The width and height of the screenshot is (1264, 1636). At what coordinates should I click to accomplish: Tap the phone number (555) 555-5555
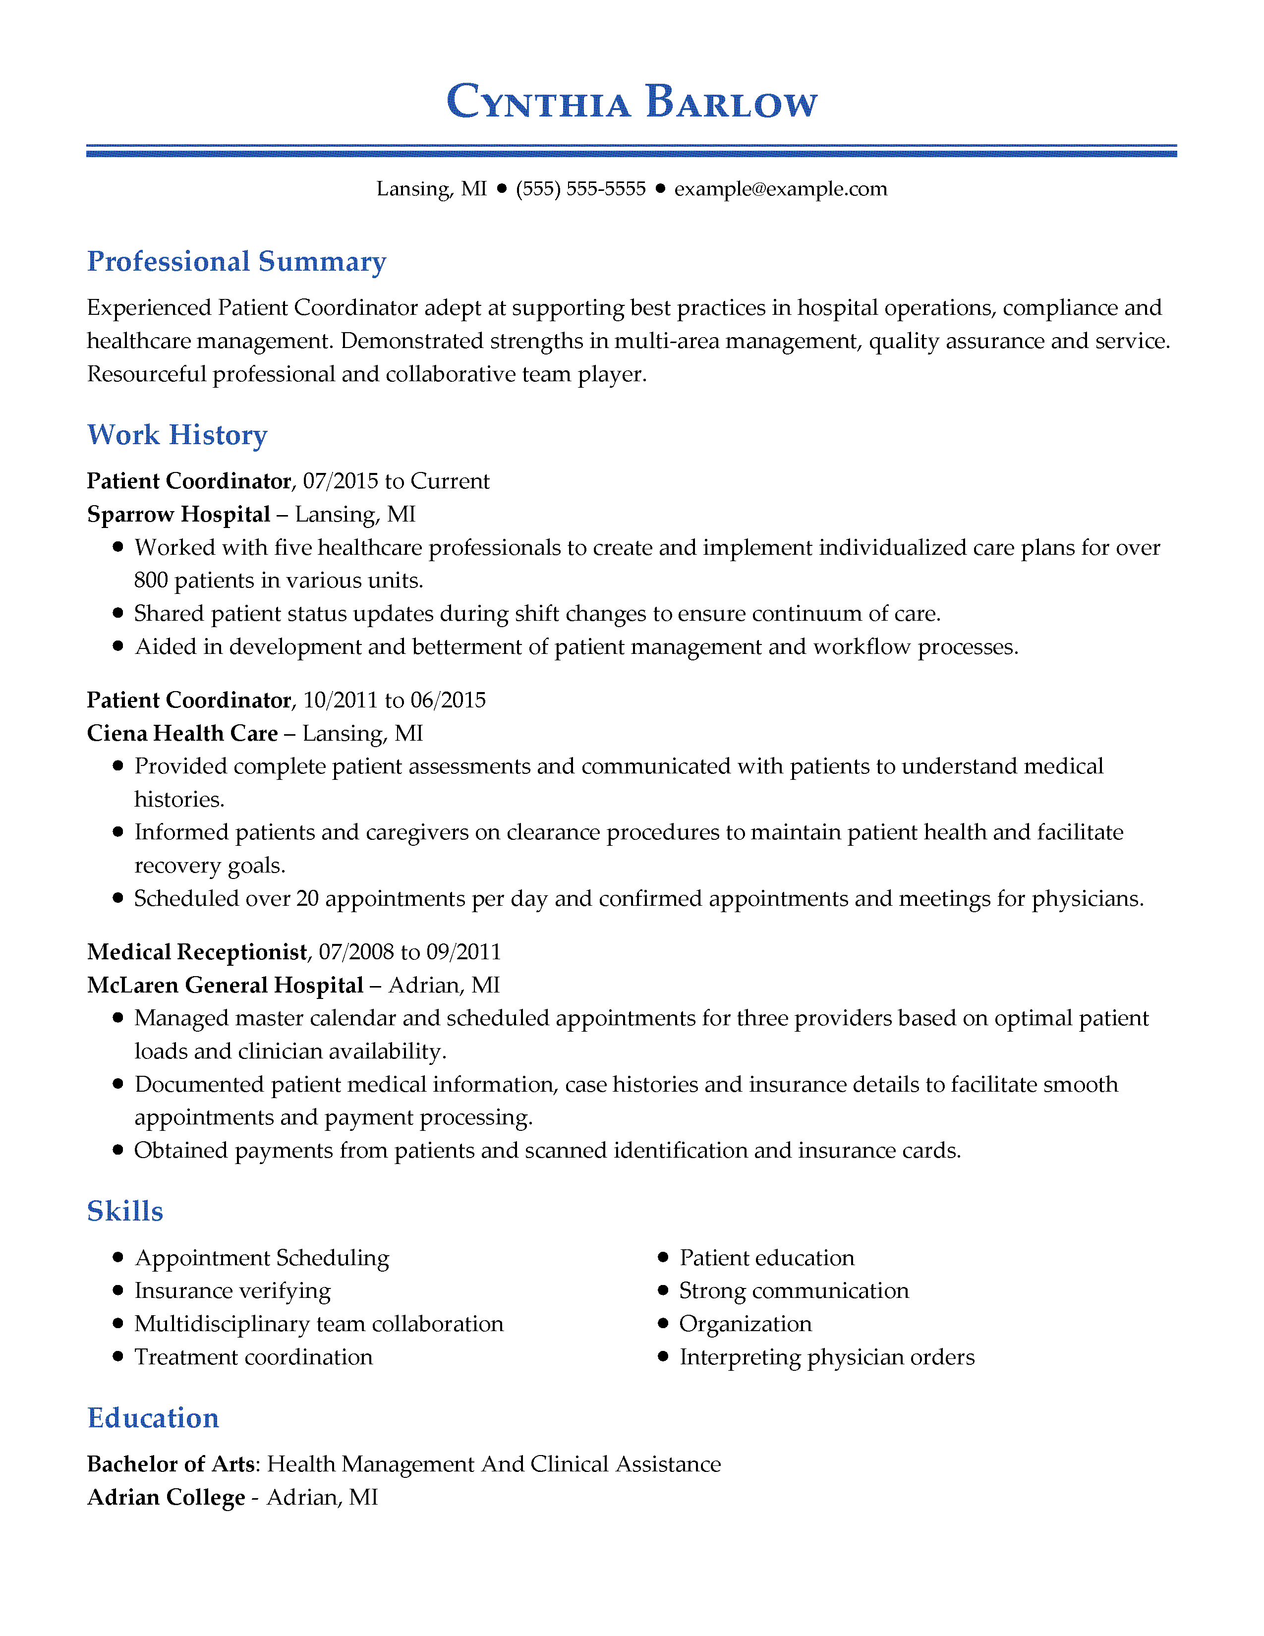pyautogui.click(x=580, y=189)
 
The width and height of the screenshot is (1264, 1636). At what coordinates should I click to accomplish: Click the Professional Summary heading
pyautogui.click(x=236, y=261)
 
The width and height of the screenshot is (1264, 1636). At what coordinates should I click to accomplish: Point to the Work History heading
pyautogui.click(x=177, y=435)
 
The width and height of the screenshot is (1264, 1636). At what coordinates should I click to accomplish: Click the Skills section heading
pyautogui.click(x=125, y=1211)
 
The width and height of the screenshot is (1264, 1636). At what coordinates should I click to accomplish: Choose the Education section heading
pyautogui.click(x=153, y=1418)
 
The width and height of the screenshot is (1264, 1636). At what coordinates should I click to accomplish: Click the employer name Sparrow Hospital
pyautogui.click(x=178, y=515)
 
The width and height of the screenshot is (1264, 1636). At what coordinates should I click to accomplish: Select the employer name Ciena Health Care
pyautogui.click(x=182, y=733)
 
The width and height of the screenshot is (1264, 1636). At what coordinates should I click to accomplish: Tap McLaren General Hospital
pyautogui.click(x=225, y=985)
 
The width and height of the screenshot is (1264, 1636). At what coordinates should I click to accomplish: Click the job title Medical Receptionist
pyautogui.click(x=197, y=952)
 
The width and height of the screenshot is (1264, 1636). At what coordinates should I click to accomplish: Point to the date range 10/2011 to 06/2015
pyautogui.click(x=394, y=701)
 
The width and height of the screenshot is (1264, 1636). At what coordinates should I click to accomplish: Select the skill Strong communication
pyautogui.click(x=794, y=1290)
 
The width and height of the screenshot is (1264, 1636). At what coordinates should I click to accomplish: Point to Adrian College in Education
pyautogui.click(x=166, y=1497)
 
